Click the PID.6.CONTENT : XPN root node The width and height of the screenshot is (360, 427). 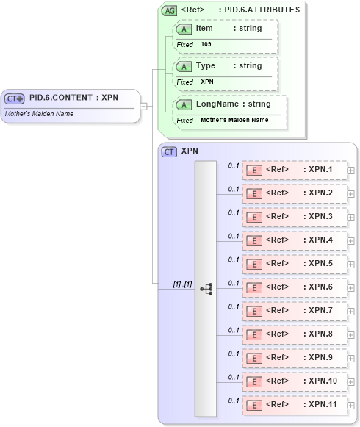point(71,98)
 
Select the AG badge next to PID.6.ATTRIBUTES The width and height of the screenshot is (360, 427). point(170,10)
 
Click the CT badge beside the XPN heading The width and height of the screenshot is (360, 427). point(169,151)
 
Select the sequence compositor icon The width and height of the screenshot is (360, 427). point(206,289)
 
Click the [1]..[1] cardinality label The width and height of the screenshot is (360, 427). point(182,284)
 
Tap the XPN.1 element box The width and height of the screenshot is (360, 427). point(294,170)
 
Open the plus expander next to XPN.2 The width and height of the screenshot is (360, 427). point(350,193)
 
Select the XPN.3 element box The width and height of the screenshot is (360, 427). point(294,217)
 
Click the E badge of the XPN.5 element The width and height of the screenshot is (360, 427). point(253,264)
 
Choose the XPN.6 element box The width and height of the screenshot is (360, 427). point(294,287)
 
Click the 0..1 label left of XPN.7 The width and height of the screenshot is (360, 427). point(234,306)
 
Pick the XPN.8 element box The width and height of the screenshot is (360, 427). point(294,334)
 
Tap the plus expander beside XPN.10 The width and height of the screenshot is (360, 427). point(350,381)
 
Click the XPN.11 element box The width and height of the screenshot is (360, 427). point(294,405)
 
